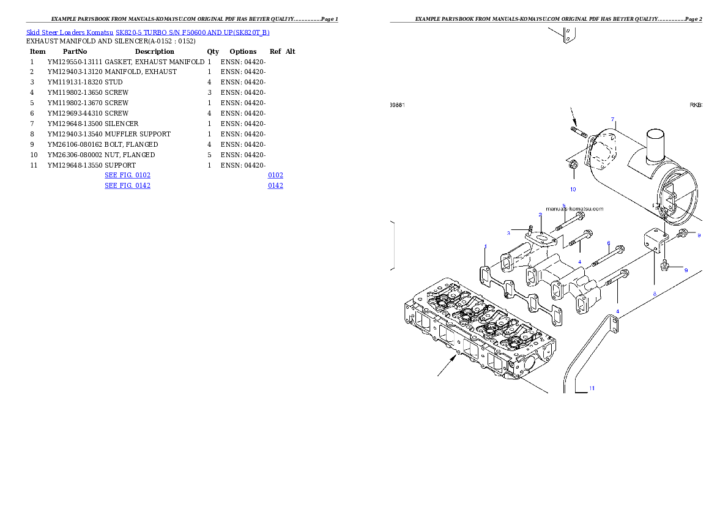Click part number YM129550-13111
click(75, 62)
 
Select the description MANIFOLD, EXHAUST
click(141, 72)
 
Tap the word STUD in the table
click(114, 82)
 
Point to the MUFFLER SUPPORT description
click(138, 134)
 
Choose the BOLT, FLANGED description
click(131, 144)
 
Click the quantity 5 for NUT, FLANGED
click(209, 155)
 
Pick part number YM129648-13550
click(75, 165)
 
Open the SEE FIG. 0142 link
click(128, 186)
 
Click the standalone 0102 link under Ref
click(275, 175)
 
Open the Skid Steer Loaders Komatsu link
click(70, 32)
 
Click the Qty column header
click(213, 51)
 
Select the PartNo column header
click(75, 51)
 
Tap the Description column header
click(155, 51)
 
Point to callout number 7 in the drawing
click(613, 119)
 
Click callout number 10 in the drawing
click(573, 190)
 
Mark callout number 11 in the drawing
click(592, 388)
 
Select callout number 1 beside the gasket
click(486, 246)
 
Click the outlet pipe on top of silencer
click(656, 146)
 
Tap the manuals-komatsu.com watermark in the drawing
click(575, 209)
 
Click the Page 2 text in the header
click(694, 19)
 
